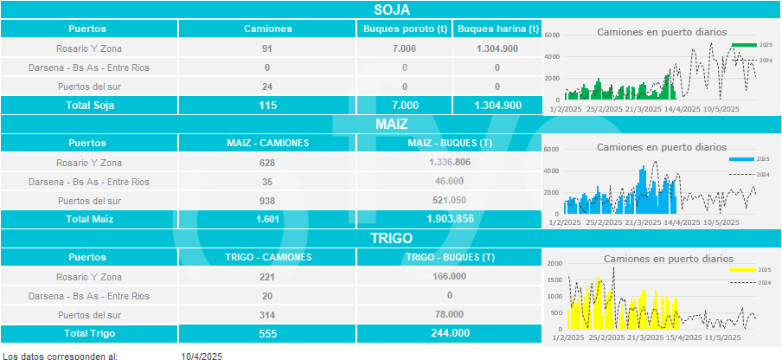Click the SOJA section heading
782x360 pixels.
(x=391, y=10)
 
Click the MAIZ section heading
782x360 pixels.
(x=391, y=124)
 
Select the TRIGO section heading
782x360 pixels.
(x=391, y=238)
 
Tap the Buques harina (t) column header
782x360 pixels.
(x=497, y=29)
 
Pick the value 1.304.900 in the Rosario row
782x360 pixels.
(x=497, y=48)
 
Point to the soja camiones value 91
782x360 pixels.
(x=267, y=48)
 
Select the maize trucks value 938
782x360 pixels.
(x=267, y=200)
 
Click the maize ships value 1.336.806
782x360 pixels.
(x=450, y=162)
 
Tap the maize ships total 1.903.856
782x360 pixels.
(x=450, y=219)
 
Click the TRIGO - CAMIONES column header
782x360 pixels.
(x=267, y=257)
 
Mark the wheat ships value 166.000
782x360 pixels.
(x=450, y=276)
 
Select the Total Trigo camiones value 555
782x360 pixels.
(x=267, y=333)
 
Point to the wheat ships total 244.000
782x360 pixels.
(x=450, y=333)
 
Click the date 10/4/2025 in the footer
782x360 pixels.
(x=202, y=356)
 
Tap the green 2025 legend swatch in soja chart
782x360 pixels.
(x=742, y=44)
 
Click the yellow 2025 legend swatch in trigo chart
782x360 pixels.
(x=742, y=270)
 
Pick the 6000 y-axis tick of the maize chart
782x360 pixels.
(x=552, y=149)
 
